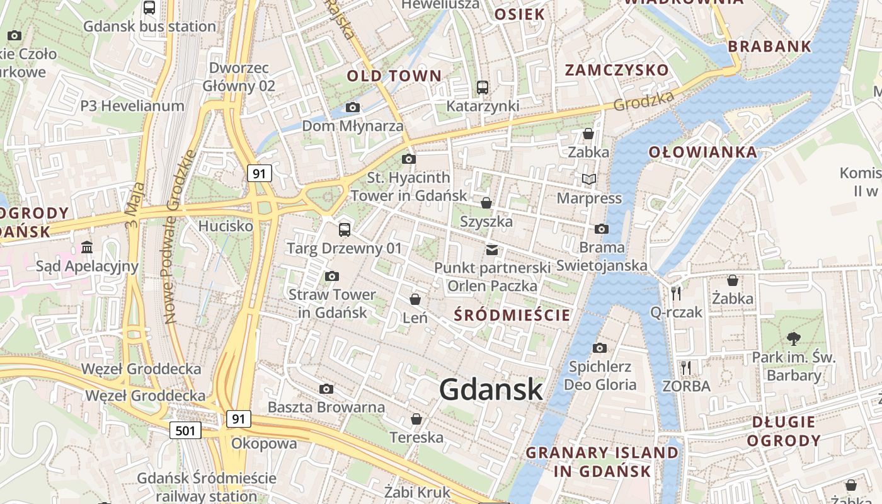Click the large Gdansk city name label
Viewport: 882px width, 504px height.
pyautogui.click(x=491, y=389)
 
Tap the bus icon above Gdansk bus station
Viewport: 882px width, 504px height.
pyautogui.click(x=149, y=8)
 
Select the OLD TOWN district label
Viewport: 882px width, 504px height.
pyautogui.click(x=394, y=76)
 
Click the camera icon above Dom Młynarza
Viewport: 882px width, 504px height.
pyautogui.click(x=353, y=108)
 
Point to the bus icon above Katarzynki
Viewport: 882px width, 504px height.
pyautogui.click(x=483, y=88)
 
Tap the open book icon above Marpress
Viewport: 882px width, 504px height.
pyautogui.click(x=589, y=180)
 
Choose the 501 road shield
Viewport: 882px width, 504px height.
pyautogui.click(x=185, y=430)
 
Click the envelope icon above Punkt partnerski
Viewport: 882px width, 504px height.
pyautogui.click(x=492, y=250)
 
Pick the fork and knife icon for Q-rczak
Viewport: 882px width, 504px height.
pyautogui.click(x=676, y=293)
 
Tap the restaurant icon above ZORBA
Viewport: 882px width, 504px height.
pyautogui.click(x=686, y=367)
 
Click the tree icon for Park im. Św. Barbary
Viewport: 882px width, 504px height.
pyautogui.click(x=793, y=339)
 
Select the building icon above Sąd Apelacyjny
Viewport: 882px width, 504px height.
pyautogui.click(x=87, y=247)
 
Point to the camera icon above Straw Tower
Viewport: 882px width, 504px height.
pyautogui.click(x=332, y=276)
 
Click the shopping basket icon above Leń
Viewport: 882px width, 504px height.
pyautogui.click(x=415, y=299)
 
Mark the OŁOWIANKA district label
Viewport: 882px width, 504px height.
pyautogui.click(x=702, y=152)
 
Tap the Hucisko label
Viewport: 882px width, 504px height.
pyautogui.click(x=226, y=226)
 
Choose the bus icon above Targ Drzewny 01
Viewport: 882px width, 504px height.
pyautogui.click(x=344, y=229)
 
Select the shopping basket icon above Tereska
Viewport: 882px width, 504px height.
pyautogui.click(x=416, y=419)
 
